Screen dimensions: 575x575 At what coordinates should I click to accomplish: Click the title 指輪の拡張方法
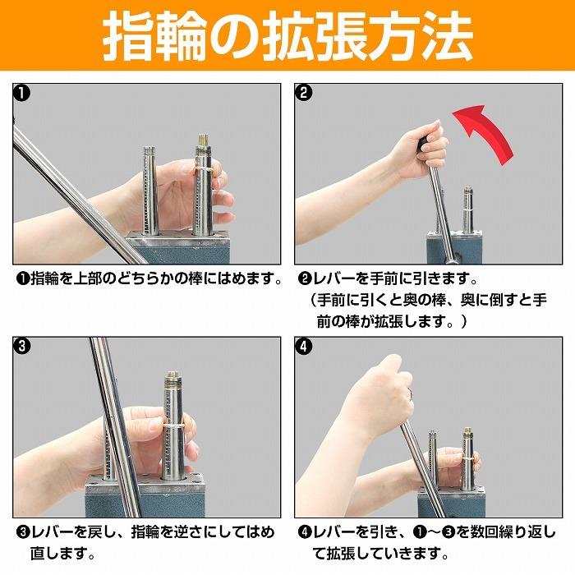click(x=287, y=35)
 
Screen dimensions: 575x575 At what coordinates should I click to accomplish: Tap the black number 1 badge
click(x=22, y=93)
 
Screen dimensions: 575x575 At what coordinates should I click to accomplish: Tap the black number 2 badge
click(x=305, y=93)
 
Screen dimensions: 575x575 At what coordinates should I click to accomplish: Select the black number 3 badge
click(x=22, y=346)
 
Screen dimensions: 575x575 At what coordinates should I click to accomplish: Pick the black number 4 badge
click(x=305, y=346)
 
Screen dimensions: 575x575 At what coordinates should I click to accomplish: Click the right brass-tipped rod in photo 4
click(x=467, y=460)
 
